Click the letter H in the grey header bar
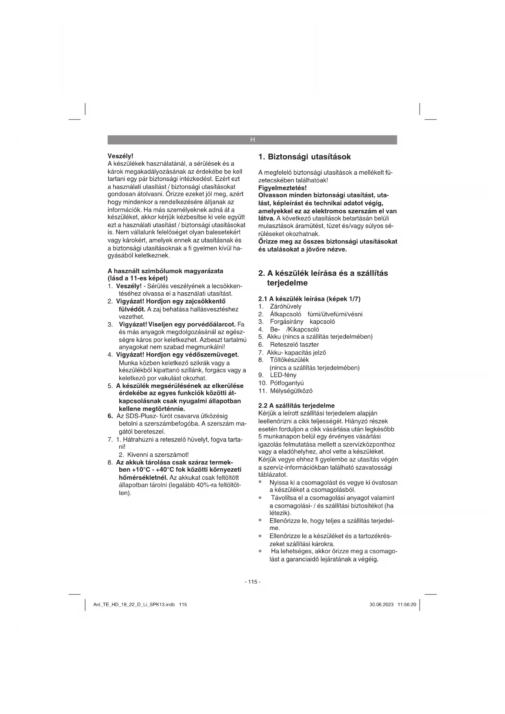pyautogui.click(x=252, y=140)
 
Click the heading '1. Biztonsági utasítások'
pyautogui.click(x=305, y=157)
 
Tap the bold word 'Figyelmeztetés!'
pyautogui.click(x=282, y=188)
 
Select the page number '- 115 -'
pyautogui.click(x=252, y=582)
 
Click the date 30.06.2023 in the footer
pyautogui.click(x=381, y=605)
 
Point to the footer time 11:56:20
pyautogui.click(x=407, y=605)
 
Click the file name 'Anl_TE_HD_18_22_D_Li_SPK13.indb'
pyautogui.click(x=134, y=605)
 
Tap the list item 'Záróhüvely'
pyautogui.click(x=286, y=307)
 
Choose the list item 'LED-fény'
pyautogui.click(x=283, y=375)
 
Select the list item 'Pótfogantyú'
pyautogui.click(x=287, y=383)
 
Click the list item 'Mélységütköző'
pyautogui.click(x=291, y=391)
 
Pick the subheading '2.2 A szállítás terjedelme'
pyautogui.click(x=297, y=405)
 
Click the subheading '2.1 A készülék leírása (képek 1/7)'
pyautogui.click(x=309, y=299)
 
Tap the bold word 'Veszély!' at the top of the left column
pyautogui.click(x=120, y=156)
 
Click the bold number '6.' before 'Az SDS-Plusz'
pyautogui.click(x=110, y=416)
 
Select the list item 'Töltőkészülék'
pyautogui.click(x=289, y=360)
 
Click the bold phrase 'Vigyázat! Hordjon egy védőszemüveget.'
pyautogui.click(x=177, y=355)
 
